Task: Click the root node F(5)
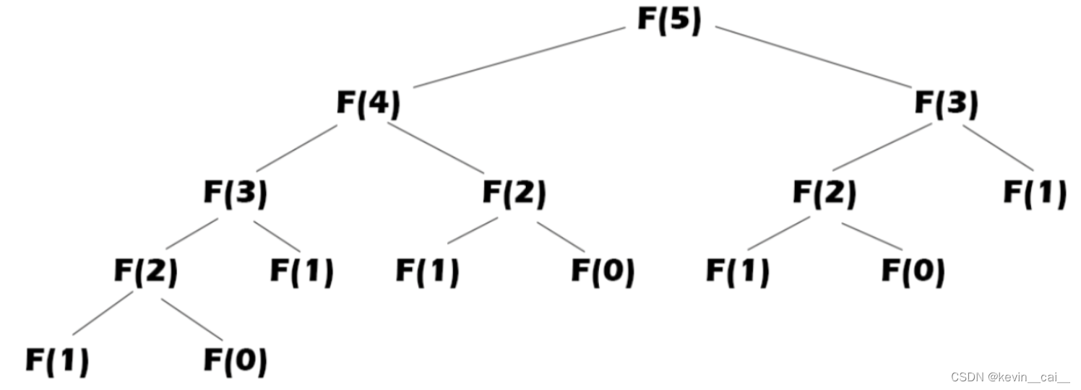point(669,20)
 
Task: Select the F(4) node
point(368,105)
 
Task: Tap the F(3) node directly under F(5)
point(946,105)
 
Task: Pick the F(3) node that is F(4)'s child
point(235,194)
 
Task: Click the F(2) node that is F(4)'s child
point(514,194)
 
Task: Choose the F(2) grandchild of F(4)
point(145,272)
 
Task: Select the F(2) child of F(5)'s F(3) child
point(824,194)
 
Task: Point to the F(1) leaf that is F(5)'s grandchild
point(1035,194)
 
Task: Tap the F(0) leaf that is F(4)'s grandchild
point(603,272)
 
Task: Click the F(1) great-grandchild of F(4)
point(57,360)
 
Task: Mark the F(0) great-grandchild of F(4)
point(235,360)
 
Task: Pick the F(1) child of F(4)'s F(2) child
point(427,272)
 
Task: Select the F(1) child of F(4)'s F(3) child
point(302,272)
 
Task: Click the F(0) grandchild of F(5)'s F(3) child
point(913,272)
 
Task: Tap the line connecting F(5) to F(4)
point(519,58)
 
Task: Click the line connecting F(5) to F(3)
point(814,57)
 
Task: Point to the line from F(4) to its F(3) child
point(297,148)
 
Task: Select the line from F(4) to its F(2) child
point(435,148)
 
